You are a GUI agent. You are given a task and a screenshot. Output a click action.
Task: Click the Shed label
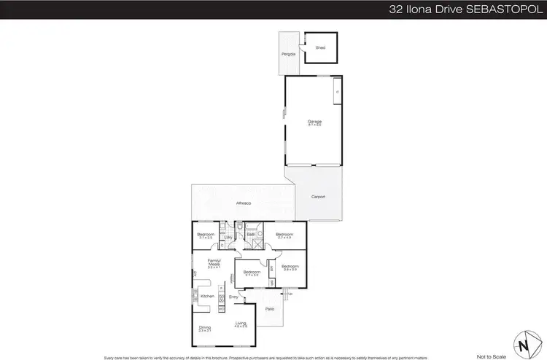319,47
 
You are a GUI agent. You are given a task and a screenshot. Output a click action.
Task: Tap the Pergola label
287,54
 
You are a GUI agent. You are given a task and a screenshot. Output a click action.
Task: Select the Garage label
314,122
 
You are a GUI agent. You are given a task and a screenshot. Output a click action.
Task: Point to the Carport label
317,197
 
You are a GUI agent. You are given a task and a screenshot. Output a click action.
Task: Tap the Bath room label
250,234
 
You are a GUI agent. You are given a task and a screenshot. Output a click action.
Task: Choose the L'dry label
228,238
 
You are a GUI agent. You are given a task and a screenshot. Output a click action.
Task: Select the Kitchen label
207,296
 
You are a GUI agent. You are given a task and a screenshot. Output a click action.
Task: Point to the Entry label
234,297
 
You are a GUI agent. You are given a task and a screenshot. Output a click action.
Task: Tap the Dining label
205,327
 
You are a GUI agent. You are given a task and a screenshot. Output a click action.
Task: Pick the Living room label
241,324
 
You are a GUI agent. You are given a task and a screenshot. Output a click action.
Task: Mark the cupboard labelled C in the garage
336,93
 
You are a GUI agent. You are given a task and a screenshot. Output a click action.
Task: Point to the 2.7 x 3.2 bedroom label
253,272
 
